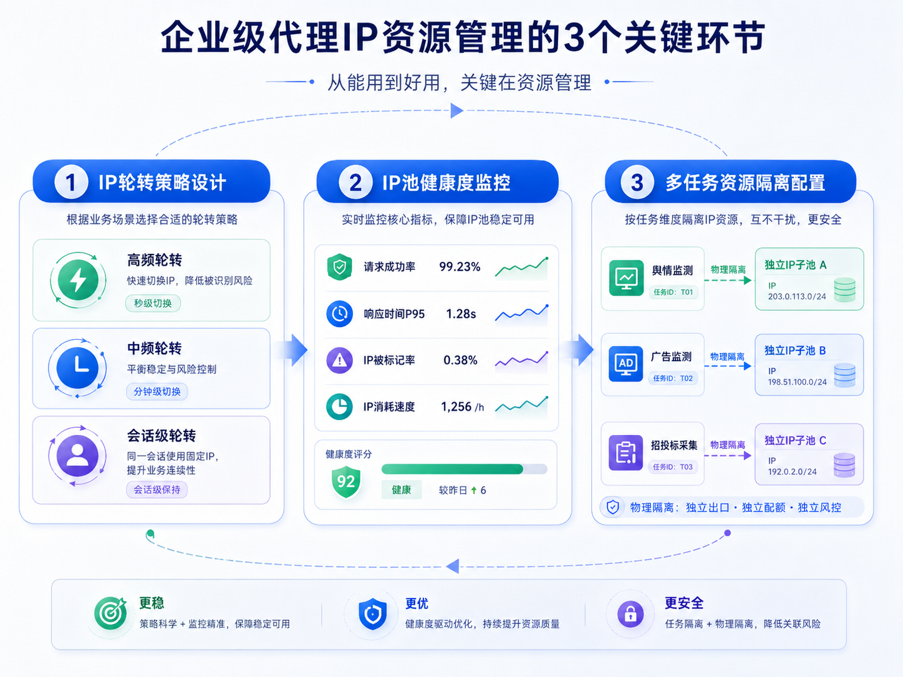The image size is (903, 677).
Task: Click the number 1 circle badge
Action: [x=70, y=182]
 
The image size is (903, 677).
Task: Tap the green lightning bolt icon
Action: [x=78, y=280]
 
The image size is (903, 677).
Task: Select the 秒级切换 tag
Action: [x=153, y=304]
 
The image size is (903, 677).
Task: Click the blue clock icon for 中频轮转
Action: [x=77, y=367]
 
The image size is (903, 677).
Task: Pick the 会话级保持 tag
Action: [x=157, y=489]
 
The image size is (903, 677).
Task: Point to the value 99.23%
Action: [x=460, y=267]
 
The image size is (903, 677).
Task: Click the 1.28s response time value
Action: [x=461, y=314]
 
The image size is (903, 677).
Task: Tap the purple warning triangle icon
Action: [x=339, y=360]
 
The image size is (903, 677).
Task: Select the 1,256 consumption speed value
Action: [x=456, y=407]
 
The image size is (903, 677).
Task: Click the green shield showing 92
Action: [x=346, y=481]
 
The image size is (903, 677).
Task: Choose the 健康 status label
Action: [x=402, y=489]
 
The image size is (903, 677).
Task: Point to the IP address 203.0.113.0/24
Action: [x=797, y=296]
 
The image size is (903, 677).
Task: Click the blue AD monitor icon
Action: [x=625, y=364]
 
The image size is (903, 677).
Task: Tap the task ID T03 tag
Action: [x=673, y=466]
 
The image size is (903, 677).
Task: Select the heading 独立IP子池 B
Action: [x=795, y=350]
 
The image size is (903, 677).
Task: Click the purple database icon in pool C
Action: [x=844, y=465]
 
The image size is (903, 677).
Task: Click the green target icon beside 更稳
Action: [x=110, y=613]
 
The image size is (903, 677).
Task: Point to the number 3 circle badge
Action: [x=637, y=183]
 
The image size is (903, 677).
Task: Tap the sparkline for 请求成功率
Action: [x=521, y=269]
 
